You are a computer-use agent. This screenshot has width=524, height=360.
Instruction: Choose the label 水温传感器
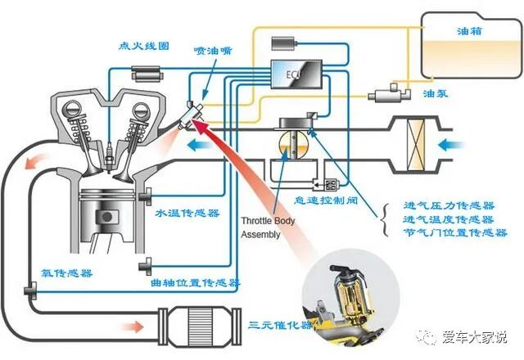tap(187, 213)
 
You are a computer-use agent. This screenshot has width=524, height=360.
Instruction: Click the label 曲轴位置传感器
tap(196, 283)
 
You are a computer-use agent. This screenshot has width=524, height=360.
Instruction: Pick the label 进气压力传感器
tap(449, 205)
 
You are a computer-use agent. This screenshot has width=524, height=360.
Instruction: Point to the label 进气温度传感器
tap(449, 219)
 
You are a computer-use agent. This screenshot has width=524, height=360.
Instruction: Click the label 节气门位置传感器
tap(455, 233)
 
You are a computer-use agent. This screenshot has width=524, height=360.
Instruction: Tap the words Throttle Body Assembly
tap(261, 227)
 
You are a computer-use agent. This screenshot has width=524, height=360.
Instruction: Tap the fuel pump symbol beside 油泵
tap(385, 95)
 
